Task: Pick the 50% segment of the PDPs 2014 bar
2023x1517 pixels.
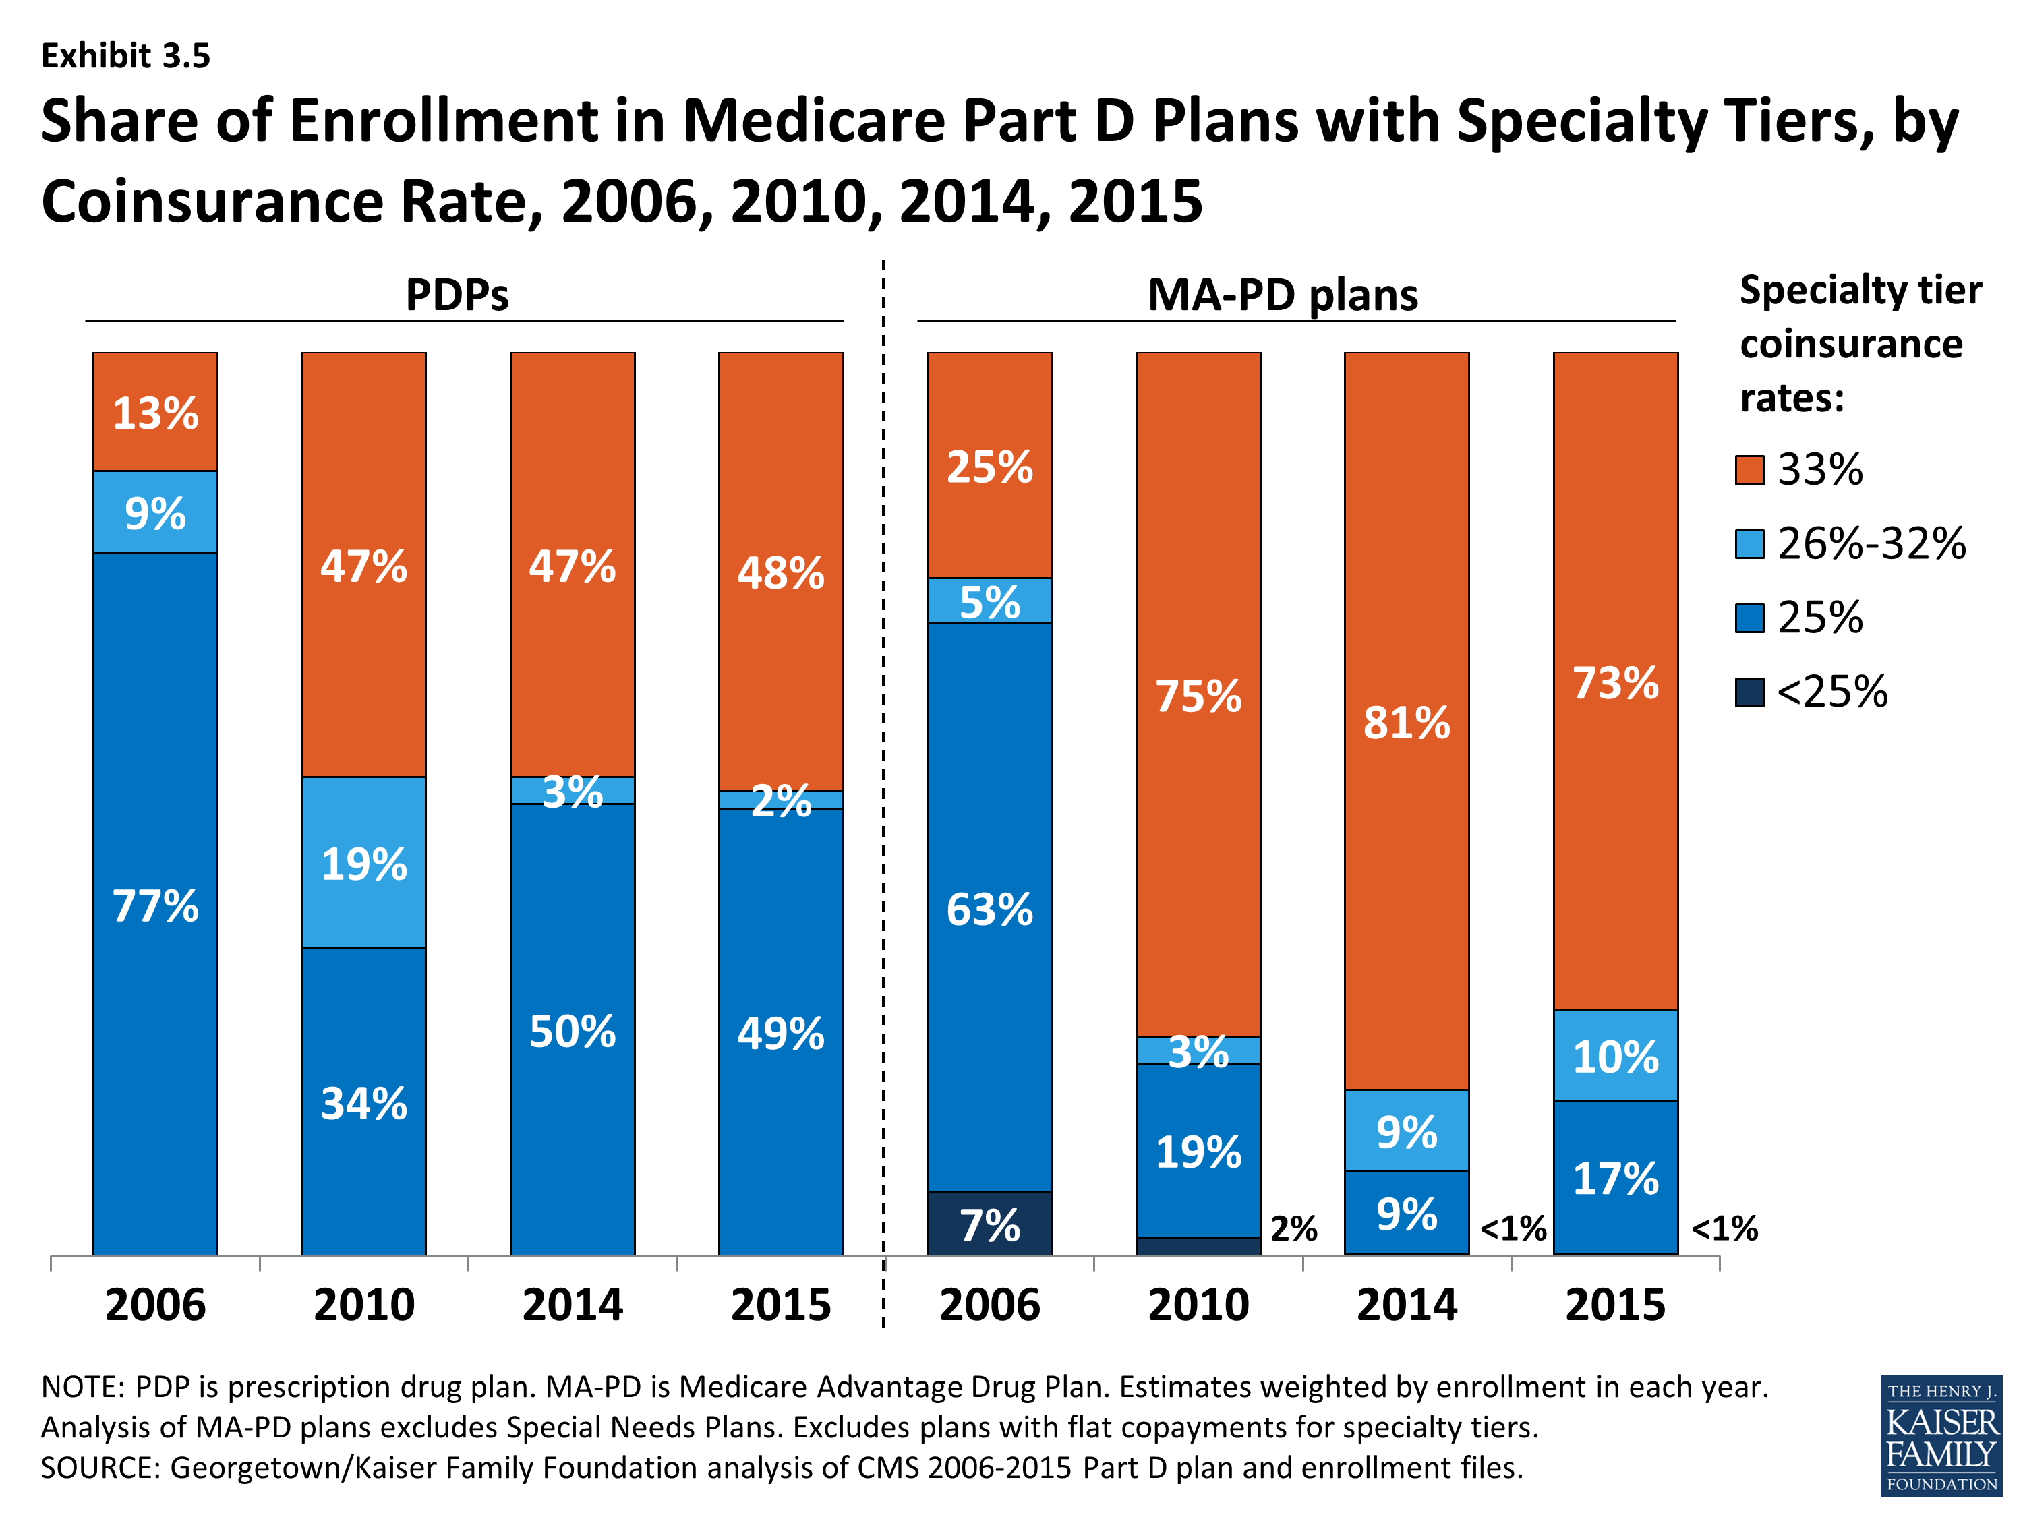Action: (573, 1030)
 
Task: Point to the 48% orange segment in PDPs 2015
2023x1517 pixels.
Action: (781, 572)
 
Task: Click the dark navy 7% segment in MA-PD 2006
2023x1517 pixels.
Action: (989, 1224)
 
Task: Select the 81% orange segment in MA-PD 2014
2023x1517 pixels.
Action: (1407, 721)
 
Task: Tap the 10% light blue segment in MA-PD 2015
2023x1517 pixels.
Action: (1615, 1055)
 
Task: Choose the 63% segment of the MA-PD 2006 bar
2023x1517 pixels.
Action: (989, 908)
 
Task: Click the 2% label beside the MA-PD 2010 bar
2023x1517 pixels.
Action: (1294, 1228)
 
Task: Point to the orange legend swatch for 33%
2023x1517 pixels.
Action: (1749, 470)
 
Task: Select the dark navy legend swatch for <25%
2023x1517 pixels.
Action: (1749, 692)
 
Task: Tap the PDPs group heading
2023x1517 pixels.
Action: (457, 295)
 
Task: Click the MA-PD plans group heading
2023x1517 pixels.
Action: (1283, 295)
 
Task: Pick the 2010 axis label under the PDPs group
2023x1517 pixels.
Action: (364, 1304)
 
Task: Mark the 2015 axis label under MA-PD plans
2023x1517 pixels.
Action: (1615, 1304)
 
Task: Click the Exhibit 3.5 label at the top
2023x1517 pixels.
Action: (126, 56)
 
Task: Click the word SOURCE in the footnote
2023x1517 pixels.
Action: (100, 1468)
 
